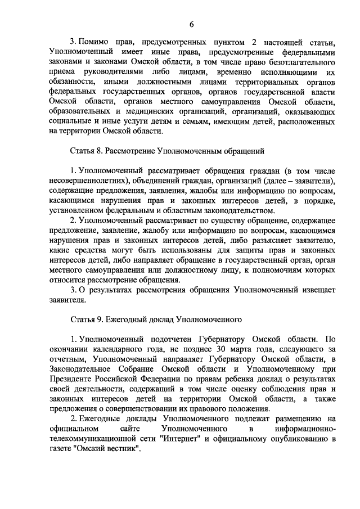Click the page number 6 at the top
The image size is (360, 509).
pyautogui.click(x=191, y=24)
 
